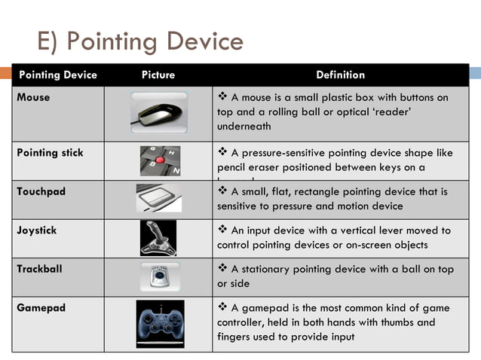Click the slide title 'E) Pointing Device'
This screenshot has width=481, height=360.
coord(140,41)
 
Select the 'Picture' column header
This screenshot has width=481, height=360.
coord(158,75)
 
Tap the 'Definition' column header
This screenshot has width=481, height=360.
coord(340,75)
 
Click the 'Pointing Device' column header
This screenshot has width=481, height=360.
coord(57,75)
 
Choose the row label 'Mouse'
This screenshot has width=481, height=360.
coord(33,97)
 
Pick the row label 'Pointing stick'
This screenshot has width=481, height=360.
coord(50,153)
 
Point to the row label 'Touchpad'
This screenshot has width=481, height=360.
coord(41,191)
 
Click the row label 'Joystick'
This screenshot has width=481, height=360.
coord(36,230)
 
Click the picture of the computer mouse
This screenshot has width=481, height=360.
coord(158,113)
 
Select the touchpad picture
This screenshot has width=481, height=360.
coord(158,199)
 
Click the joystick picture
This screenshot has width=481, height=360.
coord(158,238)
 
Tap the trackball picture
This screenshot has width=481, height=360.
coord(159,277)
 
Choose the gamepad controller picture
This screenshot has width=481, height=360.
coord(160,322)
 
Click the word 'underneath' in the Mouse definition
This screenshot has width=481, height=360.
coord(244,127)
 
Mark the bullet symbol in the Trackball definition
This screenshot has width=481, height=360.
coord(222,269)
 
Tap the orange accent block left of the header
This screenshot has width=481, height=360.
coord(5,75)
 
